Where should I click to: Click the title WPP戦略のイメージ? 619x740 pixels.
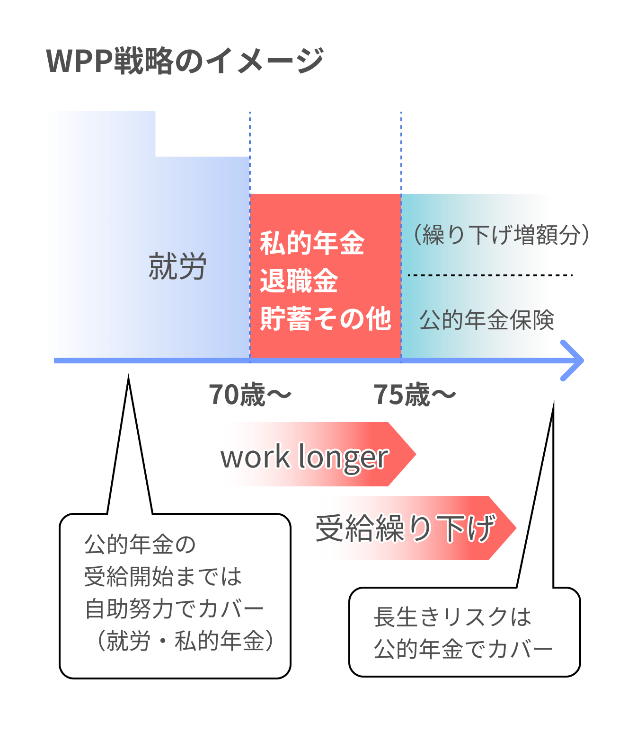[x=185, y=61]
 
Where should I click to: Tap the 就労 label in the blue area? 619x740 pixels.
[x=177, y=266]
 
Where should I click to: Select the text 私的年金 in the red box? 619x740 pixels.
[x=312, y=243]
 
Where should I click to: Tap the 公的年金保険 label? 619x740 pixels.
[x=487, y=320]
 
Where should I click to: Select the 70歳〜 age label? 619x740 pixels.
[x=250, y=395]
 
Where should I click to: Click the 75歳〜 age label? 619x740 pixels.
[x=415, y=395]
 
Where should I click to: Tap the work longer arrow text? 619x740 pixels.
[x=305, y=457]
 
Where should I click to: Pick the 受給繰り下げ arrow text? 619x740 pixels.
[x=406, y=528]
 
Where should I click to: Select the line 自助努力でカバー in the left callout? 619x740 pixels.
[x=174, y=609]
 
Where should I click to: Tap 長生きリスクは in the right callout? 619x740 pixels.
[x=452, y=617]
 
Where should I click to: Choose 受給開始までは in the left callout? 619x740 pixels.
[x=163, y=577]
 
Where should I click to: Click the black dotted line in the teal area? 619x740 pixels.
[x=490, y=275]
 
